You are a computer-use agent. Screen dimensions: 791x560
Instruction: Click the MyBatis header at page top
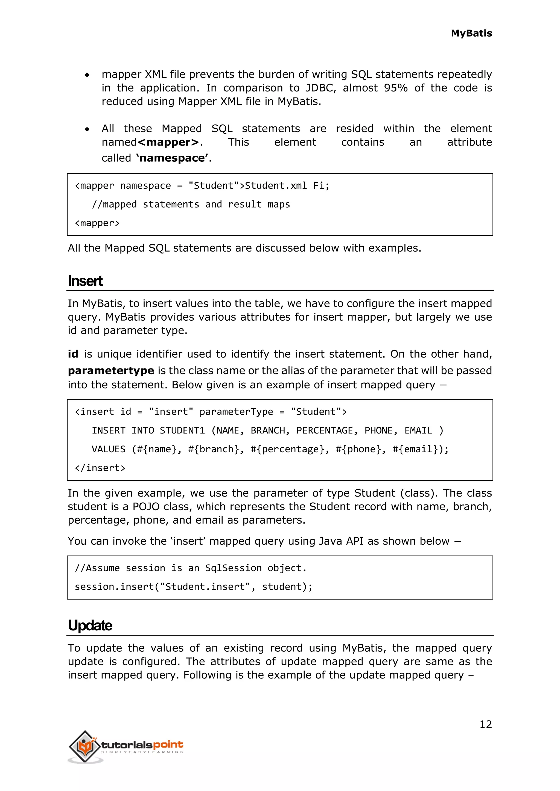point(471,33)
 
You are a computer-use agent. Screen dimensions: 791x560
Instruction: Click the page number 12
point(486,725)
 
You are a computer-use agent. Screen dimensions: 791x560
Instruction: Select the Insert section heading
point(85,281)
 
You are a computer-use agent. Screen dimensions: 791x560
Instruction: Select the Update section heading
point(90,625)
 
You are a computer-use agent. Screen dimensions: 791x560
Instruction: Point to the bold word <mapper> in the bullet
point(168,142)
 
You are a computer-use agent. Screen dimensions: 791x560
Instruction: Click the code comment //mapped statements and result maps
point(191,204)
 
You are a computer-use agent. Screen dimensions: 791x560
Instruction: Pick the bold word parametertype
point(111,371)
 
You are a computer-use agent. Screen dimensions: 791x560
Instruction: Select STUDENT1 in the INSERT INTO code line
point(182,431)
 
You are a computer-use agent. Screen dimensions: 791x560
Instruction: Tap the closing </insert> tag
point(100,468)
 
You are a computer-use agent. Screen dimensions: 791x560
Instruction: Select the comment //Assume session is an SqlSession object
point(191,568)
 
